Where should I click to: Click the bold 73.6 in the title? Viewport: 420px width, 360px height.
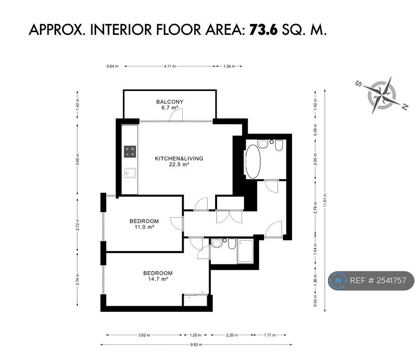tap(264, 30)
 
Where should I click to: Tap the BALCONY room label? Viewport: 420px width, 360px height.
tap(170, 102)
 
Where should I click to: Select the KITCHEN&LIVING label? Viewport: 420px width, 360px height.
tap(179, 158)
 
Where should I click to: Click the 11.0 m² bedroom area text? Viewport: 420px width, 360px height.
tap(144, 227)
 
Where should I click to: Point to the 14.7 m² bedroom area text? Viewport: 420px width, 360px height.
tap(158, 279)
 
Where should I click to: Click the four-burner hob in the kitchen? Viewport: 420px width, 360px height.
tap(130, 151)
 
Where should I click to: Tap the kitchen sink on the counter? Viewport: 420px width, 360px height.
tap(130, 173)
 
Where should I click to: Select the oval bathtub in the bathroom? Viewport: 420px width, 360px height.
tap(253, 162)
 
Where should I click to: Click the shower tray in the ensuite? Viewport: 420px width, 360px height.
tap(245, 252)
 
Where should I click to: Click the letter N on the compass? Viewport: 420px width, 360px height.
tap(405, 106)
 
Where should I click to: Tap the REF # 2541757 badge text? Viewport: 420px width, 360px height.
tap(378, 281)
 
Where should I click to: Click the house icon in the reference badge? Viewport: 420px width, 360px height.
tap(338, 281)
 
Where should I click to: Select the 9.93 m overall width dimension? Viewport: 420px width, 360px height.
tap(196, 345)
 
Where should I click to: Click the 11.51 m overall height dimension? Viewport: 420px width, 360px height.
tap(325, 201)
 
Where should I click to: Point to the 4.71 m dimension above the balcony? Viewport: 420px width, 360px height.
tap(170, 66)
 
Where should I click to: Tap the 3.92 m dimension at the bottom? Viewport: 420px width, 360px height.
tap(144, 335)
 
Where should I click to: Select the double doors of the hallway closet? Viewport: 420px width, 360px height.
tap(229, 217)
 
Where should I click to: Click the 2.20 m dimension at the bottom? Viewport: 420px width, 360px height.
tap(232, 335)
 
